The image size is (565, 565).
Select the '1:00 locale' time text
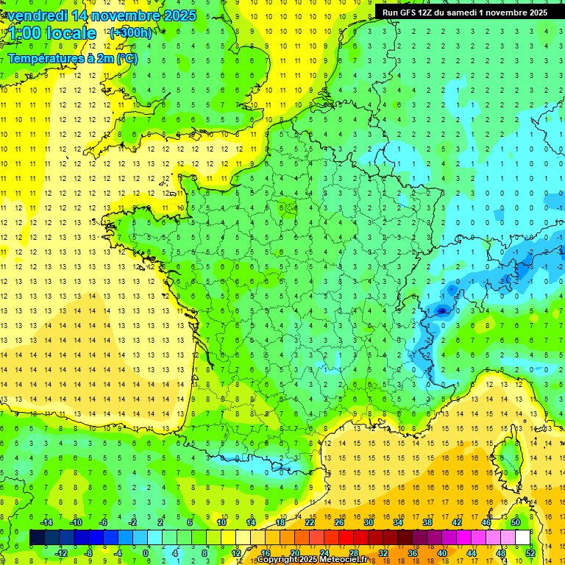pos(51,33)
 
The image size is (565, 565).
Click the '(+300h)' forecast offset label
pos(131,33)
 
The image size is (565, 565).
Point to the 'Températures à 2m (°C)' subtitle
pos(73,58)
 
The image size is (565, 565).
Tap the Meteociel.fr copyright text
pos(312,560)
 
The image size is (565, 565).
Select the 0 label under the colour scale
pos(146,552)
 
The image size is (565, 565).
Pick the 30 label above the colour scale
pos(368,522)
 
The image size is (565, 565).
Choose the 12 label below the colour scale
pos(237,552)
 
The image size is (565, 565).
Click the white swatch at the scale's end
pos(522,538)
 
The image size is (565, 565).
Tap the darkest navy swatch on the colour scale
pos(37,538)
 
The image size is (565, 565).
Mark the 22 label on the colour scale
pos(310,522)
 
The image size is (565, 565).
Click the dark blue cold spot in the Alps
pos(441,310)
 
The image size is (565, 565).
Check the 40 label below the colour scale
pos(441,552)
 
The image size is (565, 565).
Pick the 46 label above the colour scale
pos(486,522)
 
